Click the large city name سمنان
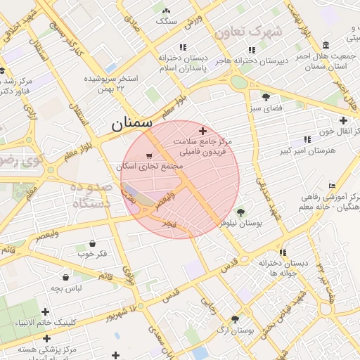pyautogui.click(x=131, y=123)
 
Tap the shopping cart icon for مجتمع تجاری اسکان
pyautogui.click(x=148, y=156)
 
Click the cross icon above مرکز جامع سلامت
pyautogui.click(x=203, y=131)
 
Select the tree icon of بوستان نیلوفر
pyautogui.click(x=241, y=212)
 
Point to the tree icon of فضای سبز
pyautogui.click(x=266, y=97)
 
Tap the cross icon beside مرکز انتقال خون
pyautogui.click(x=343, y=120)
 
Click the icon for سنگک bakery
pyautogui.click(x=166, y=11)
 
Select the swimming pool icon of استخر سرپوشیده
pyautogui.click(x=110, y=67)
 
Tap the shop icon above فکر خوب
pyautogui.click(x=93, y=243)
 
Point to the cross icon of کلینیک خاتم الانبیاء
pyautogui.click(x=46, y=311)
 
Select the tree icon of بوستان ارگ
pyautogui.click(x=235, y=318)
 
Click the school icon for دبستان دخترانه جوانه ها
pyautogui.click(x=283, y=252)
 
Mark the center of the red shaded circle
pyautogui.click(x=181, y=179)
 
